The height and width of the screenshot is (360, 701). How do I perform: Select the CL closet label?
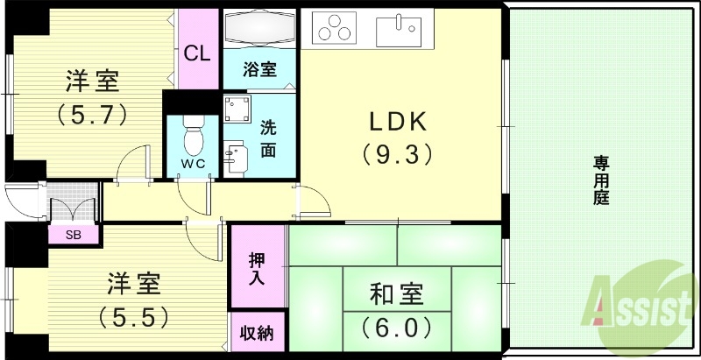(x=197, y=53)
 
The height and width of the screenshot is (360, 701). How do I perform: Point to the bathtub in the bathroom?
(x=260, y=30)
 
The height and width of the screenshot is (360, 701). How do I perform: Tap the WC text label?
(x=192, y=164)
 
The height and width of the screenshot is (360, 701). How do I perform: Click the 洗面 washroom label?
(x=268, y=138)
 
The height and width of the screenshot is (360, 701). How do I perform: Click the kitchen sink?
(x=399, y=31)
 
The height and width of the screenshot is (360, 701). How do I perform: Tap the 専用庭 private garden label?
(x=601, y=180)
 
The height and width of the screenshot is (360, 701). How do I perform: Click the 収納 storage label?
(x=257, y=333)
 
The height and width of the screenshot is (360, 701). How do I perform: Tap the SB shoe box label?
(x=74, y=235)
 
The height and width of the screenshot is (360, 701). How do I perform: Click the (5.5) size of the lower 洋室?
(x=133, y=314)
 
